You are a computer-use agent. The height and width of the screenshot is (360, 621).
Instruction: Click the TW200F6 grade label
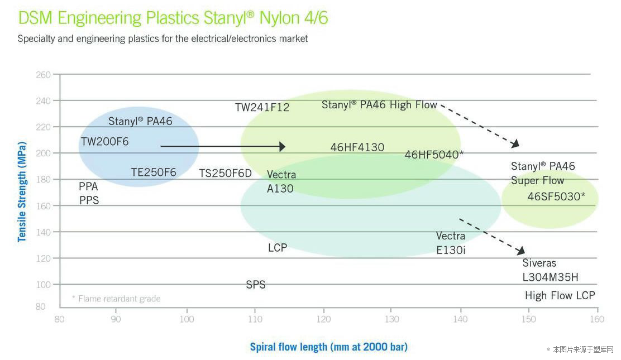104,142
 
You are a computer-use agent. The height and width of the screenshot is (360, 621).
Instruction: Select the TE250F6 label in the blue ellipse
154,172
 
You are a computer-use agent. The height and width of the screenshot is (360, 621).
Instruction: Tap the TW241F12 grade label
262,107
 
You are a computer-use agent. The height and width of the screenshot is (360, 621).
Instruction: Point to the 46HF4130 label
357,147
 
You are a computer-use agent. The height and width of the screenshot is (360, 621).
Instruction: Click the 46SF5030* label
556,196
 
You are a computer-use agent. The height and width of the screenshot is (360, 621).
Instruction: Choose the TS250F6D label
225,174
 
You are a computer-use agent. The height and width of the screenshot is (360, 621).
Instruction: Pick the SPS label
256,285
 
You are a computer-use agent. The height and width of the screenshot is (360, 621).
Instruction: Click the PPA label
88,186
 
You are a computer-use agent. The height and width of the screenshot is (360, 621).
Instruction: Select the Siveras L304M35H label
550,270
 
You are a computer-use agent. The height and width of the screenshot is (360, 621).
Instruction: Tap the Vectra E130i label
451,243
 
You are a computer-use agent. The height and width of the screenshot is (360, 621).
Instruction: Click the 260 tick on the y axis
44,75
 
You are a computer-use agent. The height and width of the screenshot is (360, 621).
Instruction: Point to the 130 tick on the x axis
392,319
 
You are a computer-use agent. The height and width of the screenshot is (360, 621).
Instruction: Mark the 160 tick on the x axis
597,319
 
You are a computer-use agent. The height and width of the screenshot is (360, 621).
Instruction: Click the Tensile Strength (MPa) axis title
22,191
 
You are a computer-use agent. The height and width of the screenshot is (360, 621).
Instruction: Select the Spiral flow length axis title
328,347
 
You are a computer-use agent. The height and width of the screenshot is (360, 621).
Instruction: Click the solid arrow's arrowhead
283,146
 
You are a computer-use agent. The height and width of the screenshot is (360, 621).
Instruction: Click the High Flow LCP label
560,296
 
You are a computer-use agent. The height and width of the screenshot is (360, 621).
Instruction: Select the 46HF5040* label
434,155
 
